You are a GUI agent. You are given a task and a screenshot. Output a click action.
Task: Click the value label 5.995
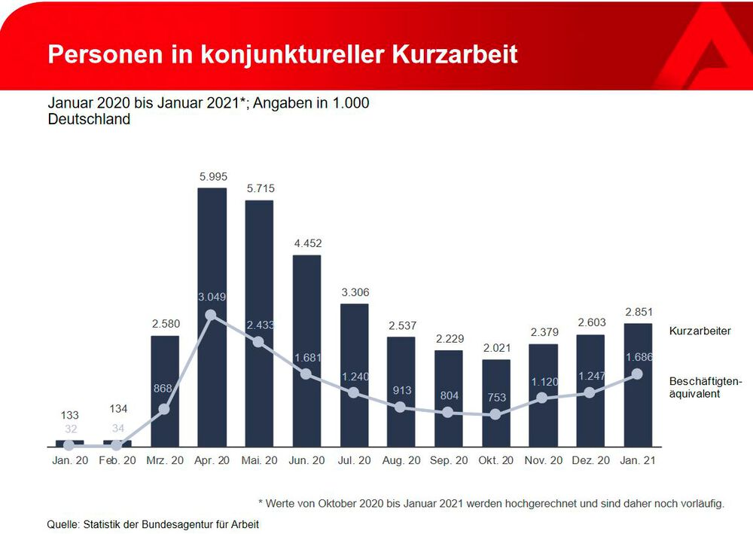click(212, 176)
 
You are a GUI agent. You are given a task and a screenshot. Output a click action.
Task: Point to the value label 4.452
click(306, 243)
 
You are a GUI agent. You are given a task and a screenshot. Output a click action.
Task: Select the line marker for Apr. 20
click(211, 315)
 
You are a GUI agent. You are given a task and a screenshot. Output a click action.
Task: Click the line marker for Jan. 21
click(637, 374)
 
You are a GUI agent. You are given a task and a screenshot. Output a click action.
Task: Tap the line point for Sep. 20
click(448, 412)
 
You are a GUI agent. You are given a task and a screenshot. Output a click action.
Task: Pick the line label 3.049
click(212, 297)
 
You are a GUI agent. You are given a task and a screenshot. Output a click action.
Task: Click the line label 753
click(495, 398)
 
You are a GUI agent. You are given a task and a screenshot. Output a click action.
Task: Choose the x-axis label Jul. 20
click(354, 460)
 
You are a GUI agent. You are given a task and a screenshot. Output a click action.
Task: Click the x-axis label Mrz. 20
click(165, 460)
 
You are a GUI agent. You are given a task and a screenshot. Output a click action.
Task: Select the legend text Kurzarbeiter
click(700, 331)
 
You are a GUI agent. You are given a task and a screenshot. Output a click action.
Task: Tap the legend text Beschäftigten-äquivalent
click(705, 387)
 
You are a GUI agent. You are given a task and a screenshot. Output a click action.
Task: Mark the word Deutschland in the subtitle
click(89, 119)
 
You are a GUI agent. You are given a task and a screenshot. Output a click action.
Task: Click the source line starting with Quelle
click(153, 524)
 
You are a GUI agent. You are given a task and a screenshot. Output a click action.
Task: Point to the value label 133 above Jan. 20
click(69, 415)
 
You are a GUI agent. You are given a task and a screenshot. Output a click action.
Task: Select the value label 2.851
click(638, 312)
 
